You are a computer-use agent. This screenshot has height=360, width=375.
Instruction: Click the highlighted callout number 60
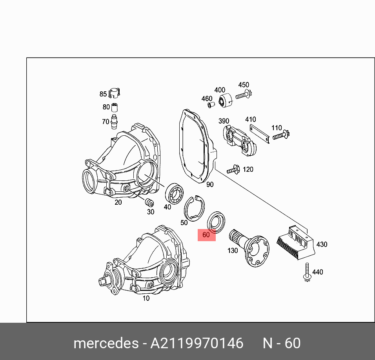pos(206,235)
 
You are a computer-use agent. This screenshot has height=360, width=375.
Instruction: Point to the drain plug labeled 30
pos(149,203)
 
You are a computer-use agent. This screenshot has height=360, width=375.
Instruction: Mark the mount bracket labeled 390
pos(239,139)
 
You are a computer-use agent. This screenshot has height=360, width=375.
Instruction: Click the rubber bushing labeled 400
pos(225,100)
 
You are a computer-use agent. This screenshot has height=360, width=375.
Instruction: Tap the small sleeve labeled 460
pos(210,105)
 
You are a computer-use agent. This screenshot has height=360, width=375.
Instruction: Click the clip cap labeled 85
pos(115,93)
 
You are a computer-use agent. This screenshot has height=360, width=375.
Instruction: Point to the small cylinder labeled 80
pos(115,107)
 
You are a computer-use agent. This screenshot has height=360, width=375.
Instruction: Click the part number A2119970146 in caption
pos(197,344)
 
